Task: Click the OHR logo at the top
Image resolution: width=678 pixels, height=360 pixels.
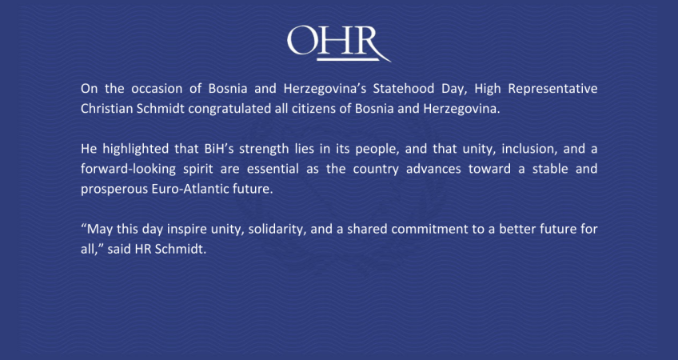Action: [339, 43]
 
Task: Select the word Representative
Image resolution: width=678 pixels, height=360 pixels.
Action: [552, 90]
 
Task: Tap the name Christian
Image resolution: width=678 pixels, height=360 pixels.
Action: [107, 109]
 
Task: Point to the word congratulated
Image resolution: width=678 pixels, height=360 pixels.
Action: [229, 110]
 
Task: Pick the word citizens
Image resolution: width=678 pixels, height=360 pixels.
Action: [311, 109]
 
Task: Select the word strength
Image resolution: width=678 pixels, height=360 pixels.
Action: [264, 150]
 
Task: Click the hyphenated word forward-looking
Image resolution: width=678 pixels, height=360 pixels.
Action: [128, 170]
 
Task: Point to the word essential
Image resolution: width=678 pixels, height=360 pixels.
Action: [273, 169]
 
